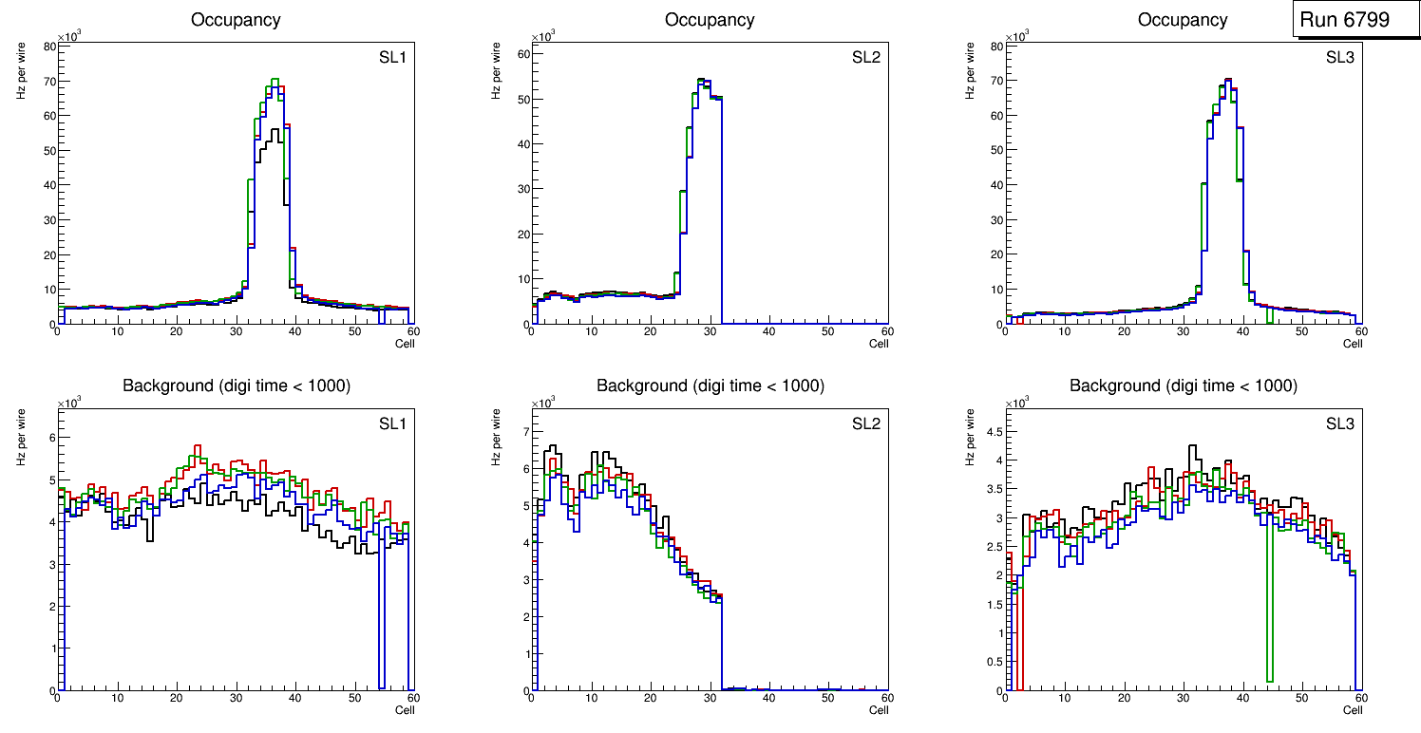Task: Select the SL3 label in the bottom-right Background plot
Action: pyautogui.click(x=1339, y=423)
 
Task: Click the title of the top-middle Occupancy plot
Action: pyautogui.click(x=710, y=20)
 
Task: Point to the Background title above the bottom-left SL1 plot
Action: pyautogui.click(x=236, y=385)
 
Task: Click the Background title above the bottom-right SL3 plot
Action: pyautogui.click(x=1183, y=385)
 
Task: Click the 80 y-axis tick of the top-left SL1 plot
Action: pyautogui.click(x=49, y=46)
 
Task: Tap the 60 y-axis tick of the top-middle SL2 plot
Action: pyautogui.click(x=523, y=54)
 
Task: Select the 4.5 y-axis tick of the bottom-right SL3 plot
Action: pyautogui.click(x=994, y=431)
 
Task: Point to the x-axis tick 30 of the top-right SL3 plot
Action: pyautogui.click(x=1183, y=331)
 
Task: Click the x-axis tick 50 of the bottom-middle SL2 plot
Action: pyautogui.click(x=827, y=699)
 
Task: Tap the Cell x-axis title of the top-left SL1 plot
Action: pyautogui.click(x=405, y=344)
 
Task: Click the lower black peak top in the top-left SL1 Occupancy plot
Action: pyautogui.click(x=275, y=130)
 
